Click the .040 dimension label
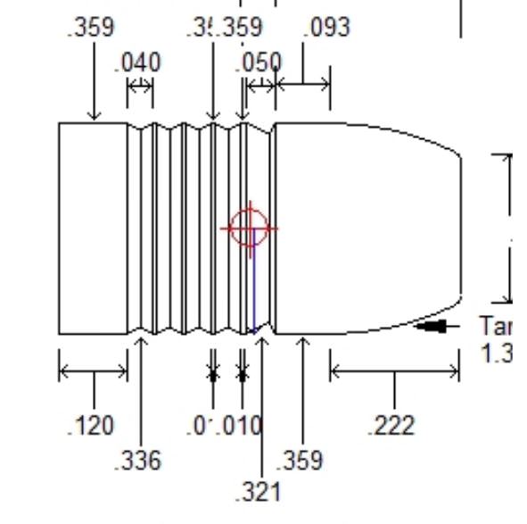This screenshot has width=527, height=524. (x=138, y=62)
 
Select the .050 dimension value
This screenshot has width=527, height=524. (x=259, y=62)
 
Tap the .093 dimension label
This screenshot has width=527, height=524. (x=326, y=28)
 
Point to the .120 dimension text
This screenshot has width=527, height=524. (x=91, y=426)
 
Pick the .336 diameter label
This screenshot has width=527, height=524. (x=138, y=460)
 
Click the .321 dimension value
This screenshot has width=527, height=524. (x=259, y=492)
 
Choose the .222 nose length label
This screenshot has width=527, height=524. (x=391, y=426)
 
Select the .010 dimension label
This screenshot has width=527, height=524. (x=241, y=426)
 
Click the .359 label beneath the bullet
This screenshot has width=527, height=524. (x=300, y=460)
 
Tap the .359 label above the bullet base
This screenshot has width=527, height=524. (x=91, y=28)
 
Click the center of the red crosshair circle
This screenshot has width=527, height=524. (x=249, y=228)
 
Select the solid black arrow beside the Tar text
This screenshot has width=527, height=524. (x=432, y=327)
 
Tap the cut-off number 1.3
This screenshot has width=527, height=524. (x=496, y=353)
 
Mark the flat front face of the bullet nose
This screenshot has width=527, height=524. (x=460, y=228)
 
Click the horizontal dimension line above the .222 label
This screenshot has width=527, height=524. (x=395, y=371)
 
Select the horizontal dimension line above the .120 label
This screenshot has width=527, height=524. (x=94, y=371)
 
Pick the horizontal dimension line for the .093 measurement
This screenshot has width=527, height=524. (x=303, y=85)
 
